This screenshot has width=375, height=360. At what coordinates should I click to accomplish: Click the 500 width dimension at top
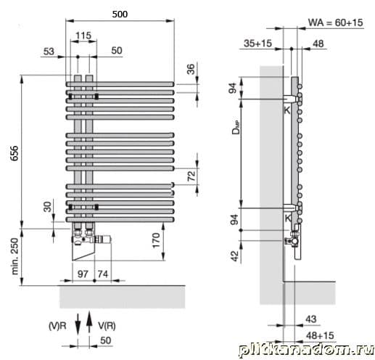(120, 15)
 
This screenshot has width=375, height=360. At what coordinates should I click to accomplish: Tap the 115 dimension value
(83, 36)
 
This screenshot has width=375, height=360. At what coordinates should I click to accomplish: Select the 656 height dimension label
(15, 153)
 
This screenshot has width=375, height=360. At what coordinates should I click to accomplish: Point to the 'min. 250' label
(15, 256)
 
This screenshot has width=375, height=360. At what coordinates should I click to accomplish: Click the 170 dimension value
(156, 240)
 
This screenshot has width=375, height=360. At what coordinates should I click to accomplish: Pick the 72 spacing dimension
(191, 176)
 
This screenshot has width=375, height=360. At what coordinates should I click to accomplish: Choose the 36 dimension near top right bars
(191, 69)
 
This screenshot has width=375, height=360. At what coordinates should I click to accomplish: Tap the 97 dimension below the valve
(83, 274)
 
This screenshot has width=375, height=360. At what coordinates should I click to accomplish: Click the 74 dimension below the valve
(103, 274)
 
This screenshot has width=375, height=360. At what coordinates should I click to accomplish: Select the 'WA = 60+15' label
(336, 22)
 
